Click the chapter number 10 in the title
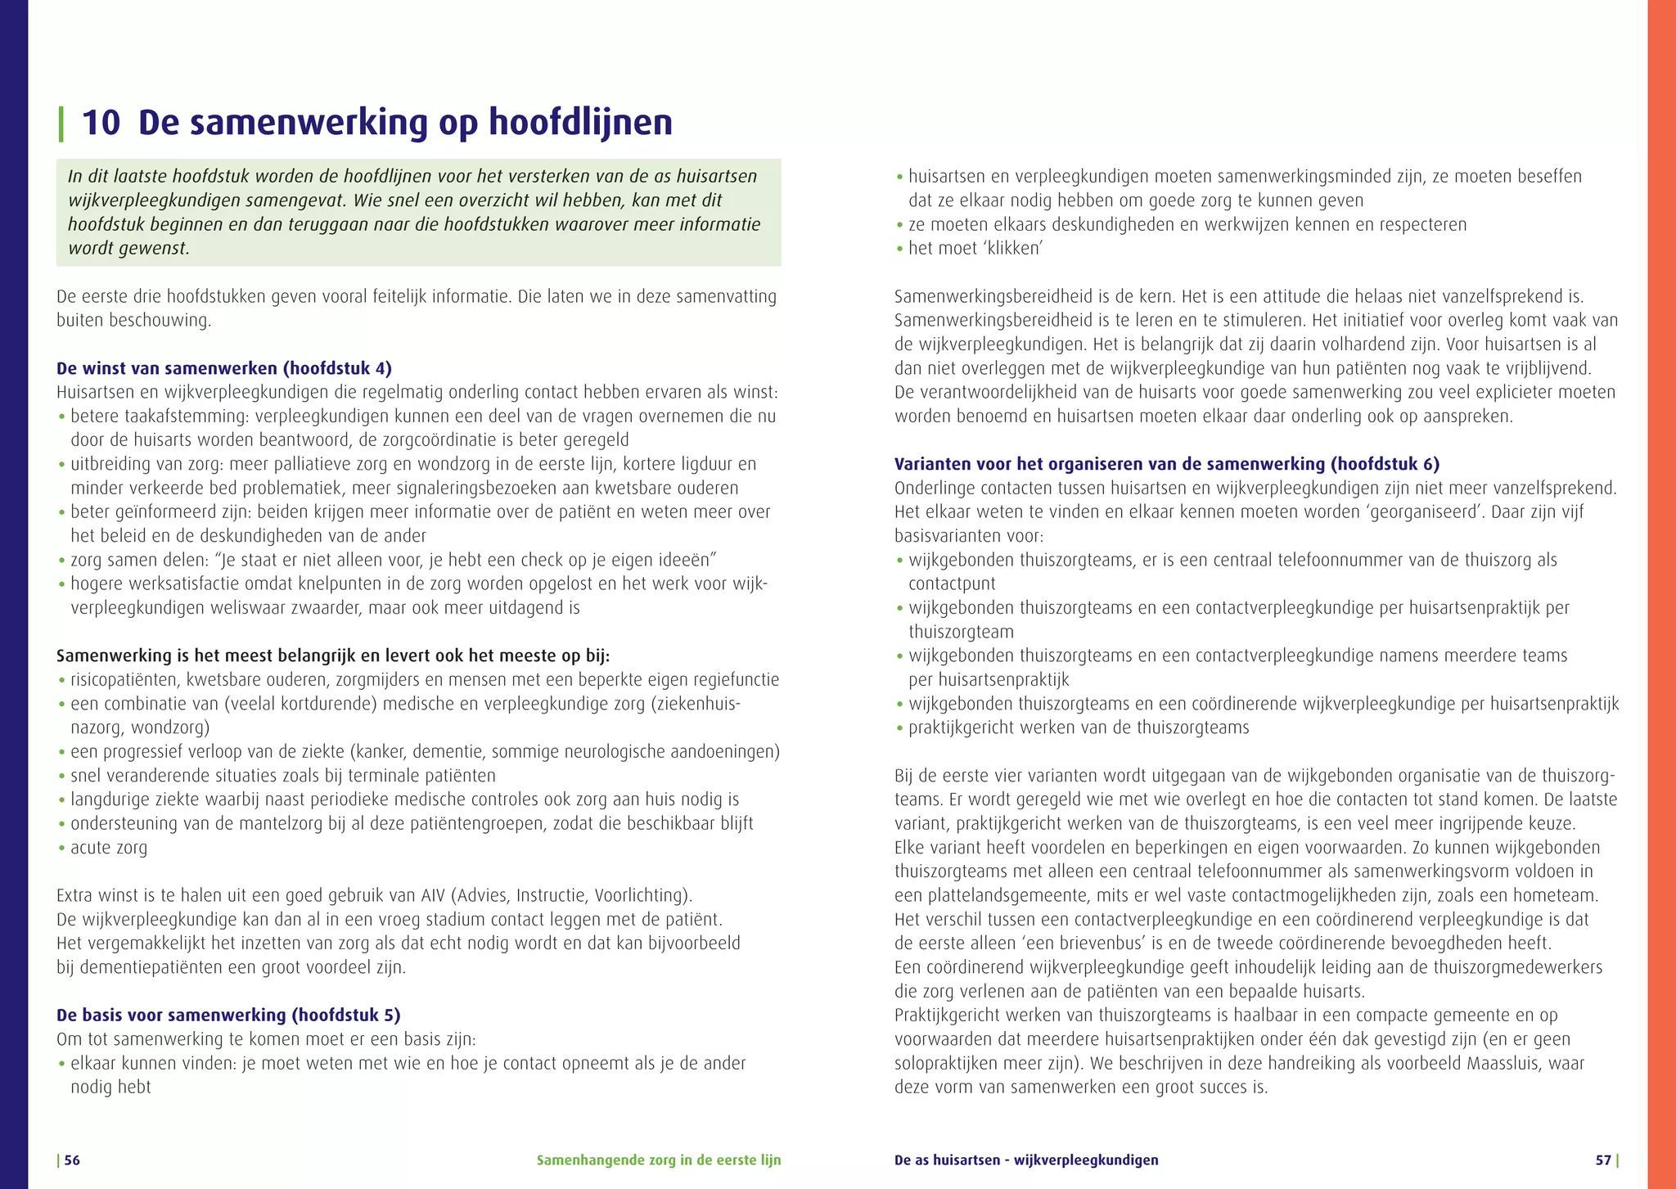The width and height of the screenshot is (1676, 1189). (101, 123)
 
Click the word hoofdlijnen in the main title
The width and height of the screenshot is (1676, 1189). (580, 123)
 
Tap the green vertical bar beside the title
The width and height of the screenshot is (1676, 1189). (61, 124)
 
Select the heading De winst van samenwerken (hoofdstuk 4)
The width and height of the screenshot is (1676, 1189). (223, 368)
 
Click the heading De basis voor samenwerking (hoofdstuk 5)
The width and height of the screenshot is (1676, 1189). (228, 1016)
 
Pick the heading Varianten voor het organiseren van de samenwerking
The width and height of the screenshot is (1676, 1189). (1166, 464)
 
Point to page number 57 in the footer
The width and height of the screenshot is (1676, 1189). (1603, 1160)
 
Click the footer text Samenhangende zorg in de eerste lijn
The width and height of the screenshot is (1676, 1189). (658, 1160)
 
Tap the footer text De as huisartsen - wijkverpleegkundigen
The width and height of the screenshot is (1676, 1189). (1025, 1160)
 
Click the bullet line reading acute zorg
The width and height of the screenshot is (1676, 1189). (109, 848)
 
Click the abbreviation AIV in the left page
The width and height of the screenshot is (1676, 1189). (433, 895)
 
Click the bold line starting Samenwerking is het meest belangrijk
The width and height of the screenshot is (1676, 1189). (333, 656)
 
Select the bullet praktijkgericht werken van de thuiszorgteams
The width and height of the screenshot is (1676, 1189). (1078, 727)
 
